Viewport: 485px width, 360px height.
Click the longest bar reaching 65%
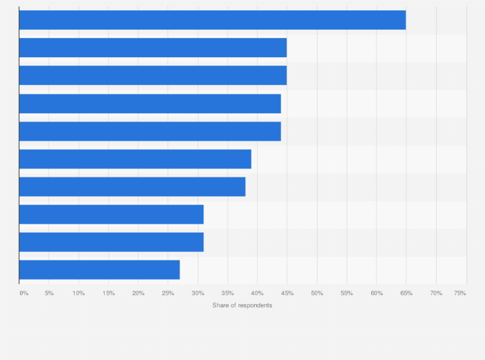[212, 20]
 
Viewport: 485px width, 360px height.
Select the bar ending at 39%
[135, 159]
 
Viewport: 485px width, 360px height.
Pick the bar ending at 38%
[132, 186]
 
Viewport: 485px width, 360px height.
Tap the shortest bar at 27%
[99, 269]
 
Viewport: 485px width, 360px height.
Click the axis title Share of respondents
[243, 305]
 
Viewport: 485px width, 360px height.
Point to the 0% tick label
[24, 293]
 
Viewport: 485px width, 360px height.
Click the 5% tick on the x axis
[49, 293]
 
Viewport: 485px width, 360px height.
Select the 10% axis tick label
[78, 293]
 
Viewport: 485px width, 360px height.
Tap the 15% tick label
[108, 293]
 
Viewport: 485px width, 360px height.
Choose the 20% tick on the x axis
[138, 293]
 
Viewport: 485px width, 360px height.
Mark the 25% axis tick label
[168, 293]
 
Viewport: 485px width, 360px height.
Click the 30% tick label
[197, 293]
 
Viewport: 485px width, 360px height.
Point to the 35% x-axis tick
[227, 293]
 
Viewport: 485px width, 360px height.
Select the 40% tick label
[257, 293]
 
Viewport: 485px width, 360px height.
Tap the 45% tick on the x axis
[287, 293]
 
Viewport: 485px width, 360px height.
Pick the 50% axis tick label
[316, 293]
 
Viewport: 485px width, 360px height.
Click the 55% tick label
[347, 293]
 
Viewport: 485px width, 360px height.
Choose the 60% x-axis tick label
[376, 293]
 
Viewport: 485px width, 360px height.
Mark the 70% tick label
[436, 293]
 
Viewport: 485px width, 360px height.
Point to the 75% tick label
[460, 293]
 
